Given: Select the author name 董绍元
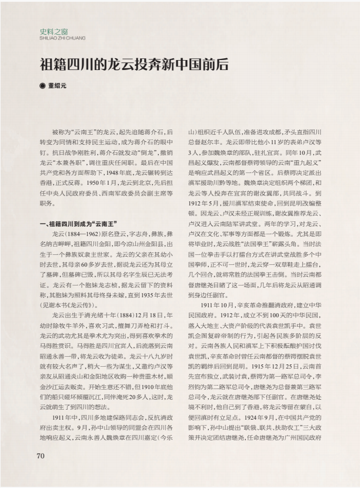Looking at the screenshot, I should (x=57, y=87).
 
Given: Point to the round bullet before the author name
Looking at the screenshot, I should (x=42, y=87).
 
